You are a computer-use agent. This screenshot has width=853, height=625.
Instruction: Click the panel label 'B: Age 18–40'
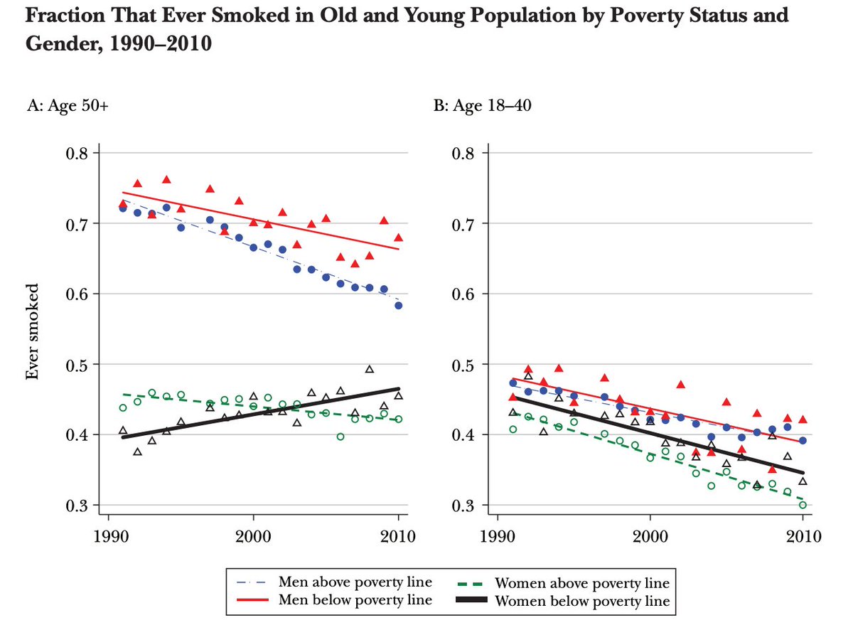point(473,108)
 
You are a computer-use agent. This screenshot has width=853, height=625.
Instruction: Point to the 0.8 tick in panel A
point(75,154)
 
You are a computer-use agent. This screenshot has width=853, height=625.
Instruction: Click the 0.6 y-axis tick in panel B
point(476,294)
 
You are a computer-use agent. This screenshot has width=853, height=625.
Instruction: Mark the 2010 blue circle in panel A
point(399,305)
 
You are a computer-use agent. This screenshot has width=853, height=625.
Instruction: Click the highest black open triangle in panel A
point(370,369)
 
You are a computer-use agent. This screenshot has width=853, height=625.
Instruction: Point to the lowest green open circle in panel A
point(340,437)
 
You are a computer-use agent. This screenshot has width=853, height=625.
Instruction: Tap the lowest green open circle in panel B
point(803,505)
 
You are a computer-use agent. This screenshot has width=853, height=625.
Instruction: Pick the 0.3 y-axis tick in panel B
point(476,506)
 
